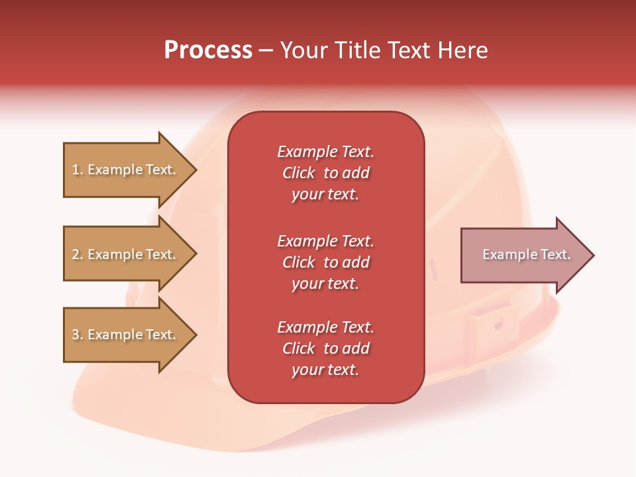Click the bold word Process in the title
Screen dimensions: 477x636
coord(208,50)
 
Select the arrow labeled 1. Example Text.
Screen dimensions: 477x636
coord(126,170)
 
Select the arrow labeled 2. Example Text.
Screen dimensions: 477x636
coord(126,254)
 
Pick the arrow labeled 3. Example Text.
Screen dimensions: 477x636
coord(126,335)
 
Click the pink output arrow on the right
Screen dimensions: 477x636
coord(523,255)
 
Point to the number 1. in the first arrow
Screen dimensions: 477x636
coord(78,170)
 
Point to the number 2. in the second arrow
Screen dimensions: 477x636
coord(78,255)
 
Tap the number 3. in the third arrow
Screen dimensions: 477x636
coord(78,335)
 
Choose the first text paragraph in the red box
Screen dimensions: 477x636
coord(325,173)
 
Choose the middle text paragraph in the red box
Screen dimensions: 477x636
coord(325,262)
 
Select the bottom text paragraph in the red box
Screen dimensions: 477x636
coord(325,348)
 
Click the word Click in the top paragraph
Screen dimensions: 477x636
coord(299,173)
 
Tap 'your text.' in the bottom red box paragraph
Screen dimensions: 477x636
coord(325,370)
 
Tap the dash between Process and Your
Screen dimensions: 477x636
coord(266,51)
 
